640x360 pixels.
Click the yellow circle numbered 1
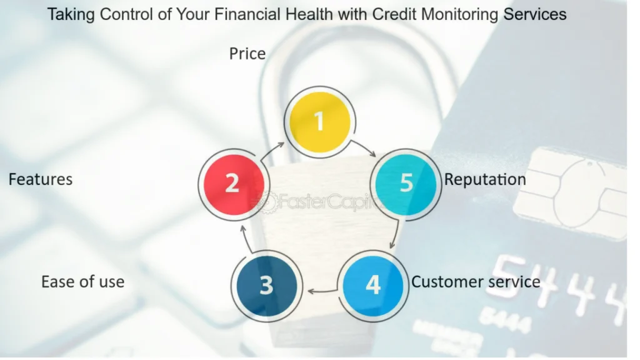tap(320, 122)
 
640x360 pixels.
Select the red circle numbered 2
tap(234, 184)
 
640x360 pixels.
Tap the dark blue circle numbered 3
tap(267, 286)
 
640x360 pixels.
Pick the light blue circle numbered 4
tap(373, 286)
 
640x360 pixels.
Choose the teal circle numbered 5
tap(406, 184)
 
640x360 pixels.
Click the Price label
tap(247, 54)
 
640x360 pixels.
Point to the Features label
tap(41, 179)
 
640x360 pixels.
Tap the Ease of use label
tap(83, 282)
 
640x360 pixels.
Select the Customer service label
tap(476, 282)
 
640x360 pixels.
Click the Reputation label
tap(485, 180)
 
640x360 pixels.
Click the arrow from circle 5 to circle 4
tap(395, 234)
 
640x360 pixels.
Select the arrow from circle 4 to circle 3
tap(322, 291)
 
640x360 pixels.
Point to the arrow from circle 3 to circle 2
tap(246, 238)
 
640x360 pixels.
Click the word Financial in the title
tap(247, 14)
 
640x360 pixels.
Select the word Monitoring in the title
tap(459, 15)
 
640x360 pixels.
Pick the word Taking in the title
tap(71, 15)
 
